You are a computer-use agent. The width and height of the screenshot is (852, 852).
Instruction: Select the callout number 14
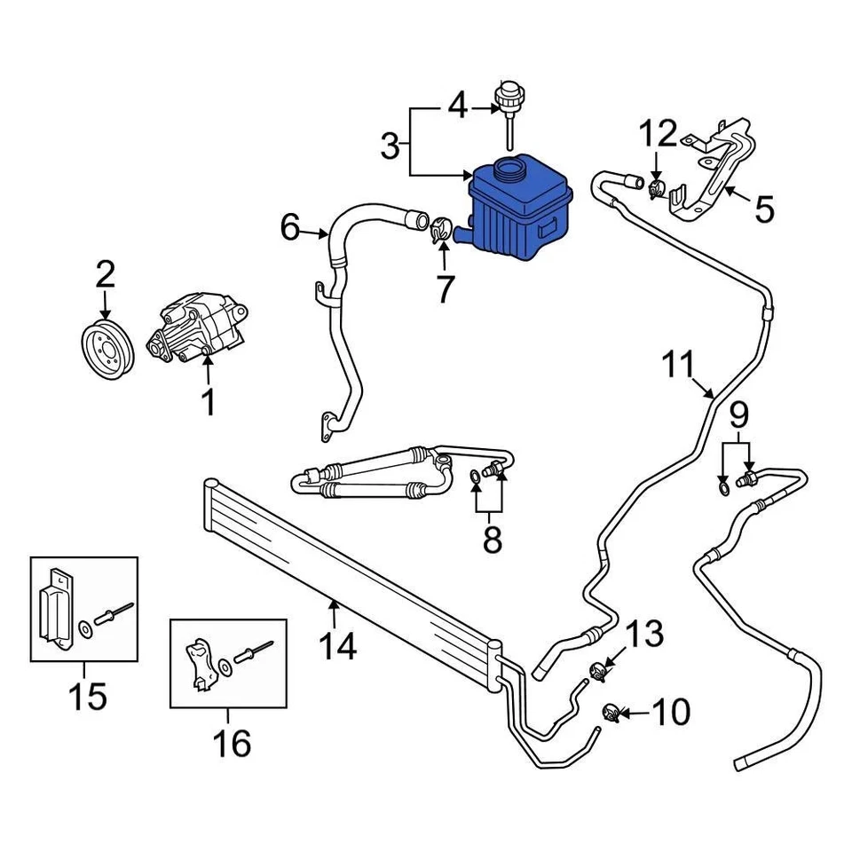[x=338, y=645]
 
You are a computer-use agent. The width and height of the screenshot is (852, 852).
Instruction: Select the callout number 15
[x=90, y=696]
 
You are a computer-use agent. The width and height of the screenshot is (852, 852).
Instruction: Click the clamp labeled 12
[x=657, y=187]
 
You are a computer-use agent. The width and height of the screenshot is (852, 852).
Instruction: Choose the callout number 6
[x=290, y=228]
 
